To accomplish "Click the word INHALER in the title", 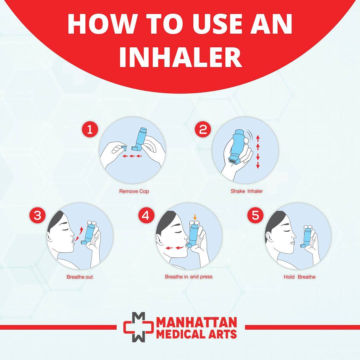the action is point(180,56).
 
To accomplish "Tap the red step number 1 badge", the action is point(90,129).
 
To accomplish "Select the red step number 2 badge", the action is point(203,129).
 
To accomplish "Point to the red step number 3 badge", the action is point(37,215).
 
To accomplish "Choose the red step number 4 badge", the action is point(146,215).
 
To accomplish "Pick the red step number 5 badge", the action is point(255,215).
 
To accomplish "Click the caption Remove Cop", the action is point(134,191).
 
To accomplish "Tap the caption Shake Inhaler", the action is point(247,191).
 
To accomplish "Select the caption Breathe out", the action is point(80,277).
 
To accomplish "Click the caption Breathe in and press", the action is point(189,277).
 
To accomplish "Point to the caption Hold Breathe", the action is point(300,277).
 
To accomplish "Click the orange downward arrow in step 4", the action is point(195,217).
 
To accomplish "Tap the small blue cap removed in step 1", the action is point(124,148).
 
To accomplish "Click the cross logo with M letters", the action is point(138,327).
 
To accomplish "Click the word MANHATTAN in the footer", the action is point(197,322).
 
